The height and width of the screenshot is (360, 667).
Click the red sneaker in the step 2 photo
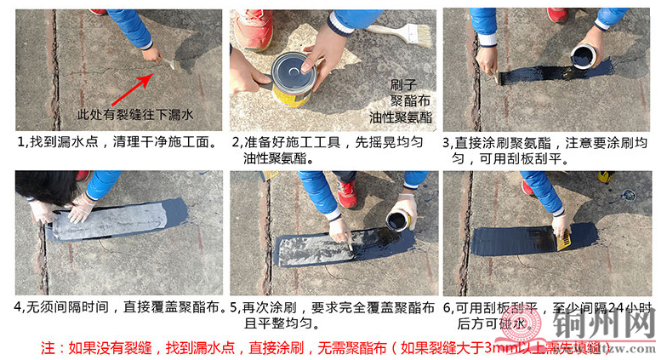(254, 30)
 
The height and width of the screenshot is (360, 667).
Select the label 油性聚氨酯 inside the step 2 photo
(402, 117)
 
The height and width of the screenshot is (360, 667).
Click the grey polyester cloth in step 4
(111, 220)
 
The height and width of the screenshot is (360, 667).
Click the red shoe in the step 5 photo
(347, 192)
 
